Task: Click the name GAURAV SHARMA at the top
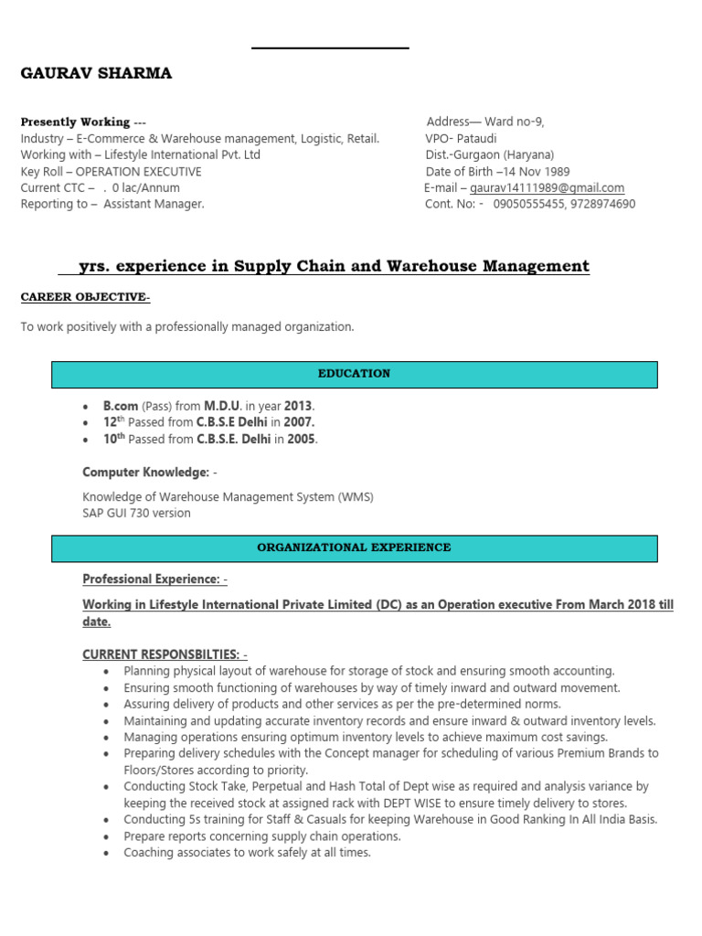coord(96,74)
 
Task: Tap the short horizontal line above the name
coord(330,48)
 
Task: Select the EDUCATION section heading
coord(354,374)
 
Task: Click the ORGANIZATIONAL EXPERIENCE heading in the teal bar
coord(354,548)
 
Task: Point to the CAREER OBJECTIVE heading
coord(85,297)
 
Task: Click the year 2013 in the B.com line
coord(298,406)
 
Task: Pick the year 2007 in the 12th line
coord(298,422)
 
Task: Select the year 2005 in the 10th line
coord(301,439)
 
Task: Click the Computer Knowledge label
coord(146,472)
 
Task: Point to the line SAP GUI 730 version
coord(136,513)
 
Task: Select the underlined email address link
coord(547,188)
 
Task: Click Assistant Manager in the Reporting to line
coord(154,204)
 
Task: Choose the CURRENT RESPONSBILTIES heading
coord(165,654)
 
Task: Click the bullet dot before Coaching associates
coord(107,853)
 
